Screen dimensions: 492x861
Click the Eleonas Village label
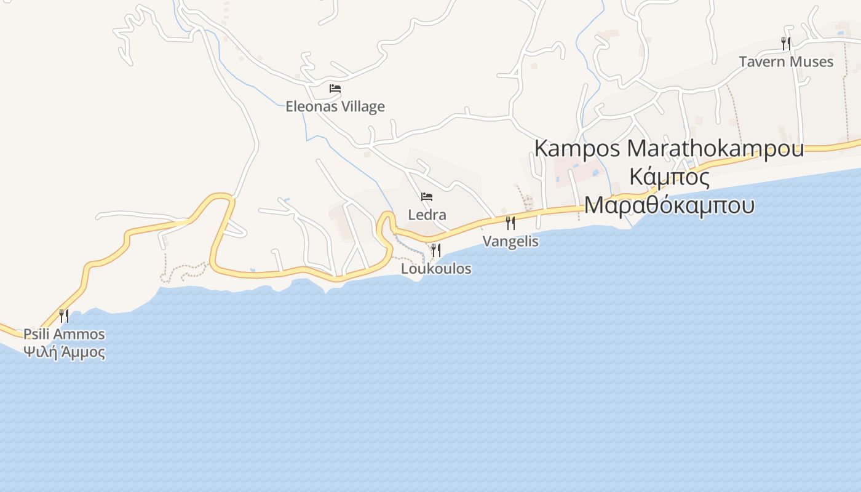coord(335,106)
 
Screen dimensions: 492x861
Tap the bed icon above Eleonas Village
coord(335,89)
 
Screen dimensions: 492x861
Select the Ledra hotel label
coord(427,215)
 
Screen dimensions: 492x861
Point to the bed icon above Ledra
coord(427,197)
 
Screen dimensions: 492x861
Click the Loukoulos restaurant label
coord(436,269)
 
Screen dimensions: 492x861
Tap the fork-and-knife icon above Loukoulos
coord(436,250)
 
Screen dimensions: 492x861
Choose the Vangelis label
coord(510,241)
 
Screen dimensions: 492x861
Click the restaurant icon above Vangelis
coord(510,223)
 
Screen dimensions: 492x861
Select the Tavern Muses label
coord(786,62)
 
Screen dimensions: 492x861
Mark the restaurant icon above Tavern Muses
coord(786,43)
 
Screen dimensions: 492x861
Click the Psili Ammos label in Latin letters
coord(64,335)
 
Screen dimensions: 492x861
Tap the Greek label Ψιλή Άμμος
coord(64,352)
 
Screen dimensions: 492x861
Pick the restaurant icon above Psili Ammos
coord(64,316)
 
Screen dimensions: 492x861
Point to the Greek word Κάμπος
coord(670,177)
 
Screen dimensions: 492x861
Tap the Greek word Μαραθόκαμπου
coord(669,204)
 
